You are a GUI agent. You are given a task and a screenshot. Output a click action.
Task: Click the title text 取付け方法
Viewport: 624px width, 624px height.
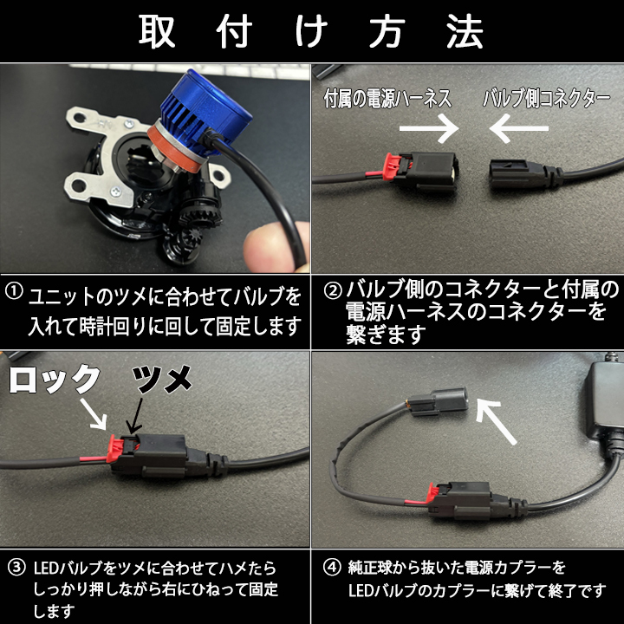311,31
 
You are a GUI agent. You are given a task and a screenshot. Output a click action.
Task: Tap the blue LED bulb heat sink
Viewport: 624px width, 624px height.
202,107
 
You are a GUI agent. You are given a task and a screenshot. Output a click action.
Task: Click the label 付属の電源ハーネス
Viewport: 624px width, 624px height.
387,98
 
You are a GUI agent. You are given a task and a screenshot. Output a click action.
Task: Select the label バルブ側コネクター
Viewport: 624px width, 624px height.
546,98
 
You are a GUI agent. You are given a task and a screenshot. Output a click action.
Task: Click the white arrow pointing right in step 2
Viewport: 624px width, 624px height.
429,128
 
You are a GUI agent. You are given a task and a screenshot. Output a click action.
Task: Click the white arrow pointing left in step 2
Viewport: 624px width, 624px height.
519,128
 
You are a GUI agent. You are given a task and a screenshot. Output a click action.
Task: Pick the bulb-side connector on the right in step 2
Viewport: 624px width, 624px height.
524,173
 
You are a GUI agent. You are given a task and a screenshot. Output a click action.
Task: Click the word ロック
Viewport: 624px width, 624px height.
55,380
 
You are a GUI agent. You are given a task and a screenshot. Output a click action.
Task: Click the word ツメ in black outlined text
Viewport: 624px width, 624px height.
161,380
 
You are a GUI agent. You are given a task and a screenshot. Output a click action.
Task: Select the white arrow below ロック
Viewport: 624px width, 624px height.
94,414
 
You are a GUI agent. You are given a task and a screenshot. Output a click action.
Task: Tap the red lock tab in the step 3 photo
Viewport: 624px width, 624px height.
114,449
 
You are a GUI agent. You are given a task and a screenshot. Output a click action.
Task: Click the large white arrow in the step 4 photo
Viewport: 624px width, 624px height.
495,421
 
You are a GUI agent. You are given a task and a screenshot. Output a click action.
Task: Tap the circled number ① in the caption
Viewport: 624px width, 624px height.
15,291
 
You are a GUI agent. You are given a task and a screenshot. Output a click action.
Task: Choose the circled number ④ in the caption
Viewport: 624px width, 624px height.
332,568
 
